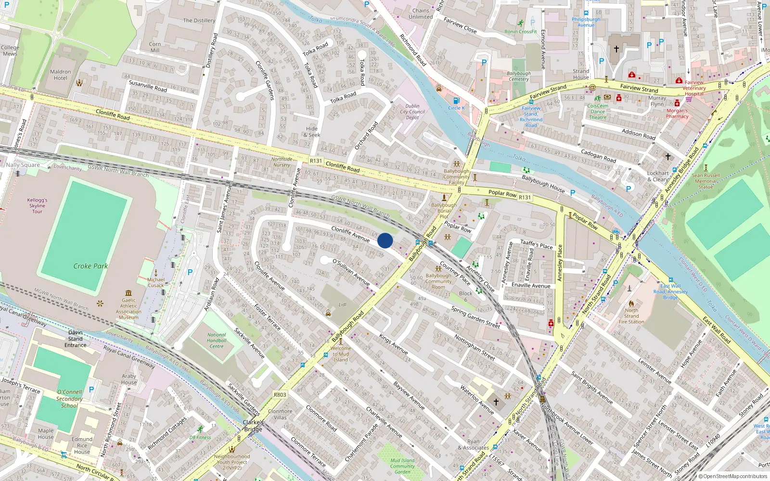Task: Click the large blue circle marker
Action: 385,240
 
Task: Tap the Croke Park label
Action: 90,266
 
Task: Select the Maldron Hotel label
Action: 61,75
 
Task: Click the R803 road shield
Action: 280,394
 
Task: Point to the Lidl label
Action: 343,304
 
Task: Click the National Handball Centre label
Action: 217,341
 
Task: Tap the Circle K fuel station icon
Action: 456,101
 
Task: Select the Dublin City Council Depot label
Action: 412,112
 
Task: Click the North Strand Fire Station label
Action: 631,316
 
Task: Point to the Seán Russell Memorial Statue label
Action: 706,181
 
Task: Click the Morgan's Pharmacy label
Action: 677,114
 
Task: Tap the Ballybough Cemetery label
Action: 519,76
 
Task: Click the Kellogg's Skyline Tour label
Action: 37,205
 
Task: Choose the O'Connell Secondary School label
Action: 69,399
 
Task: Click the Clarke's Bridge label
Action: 253,426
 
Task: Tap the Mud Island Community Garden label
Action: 402,466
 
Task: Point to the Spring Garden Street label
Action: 475,317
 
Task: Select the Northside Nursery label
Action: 282,162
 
